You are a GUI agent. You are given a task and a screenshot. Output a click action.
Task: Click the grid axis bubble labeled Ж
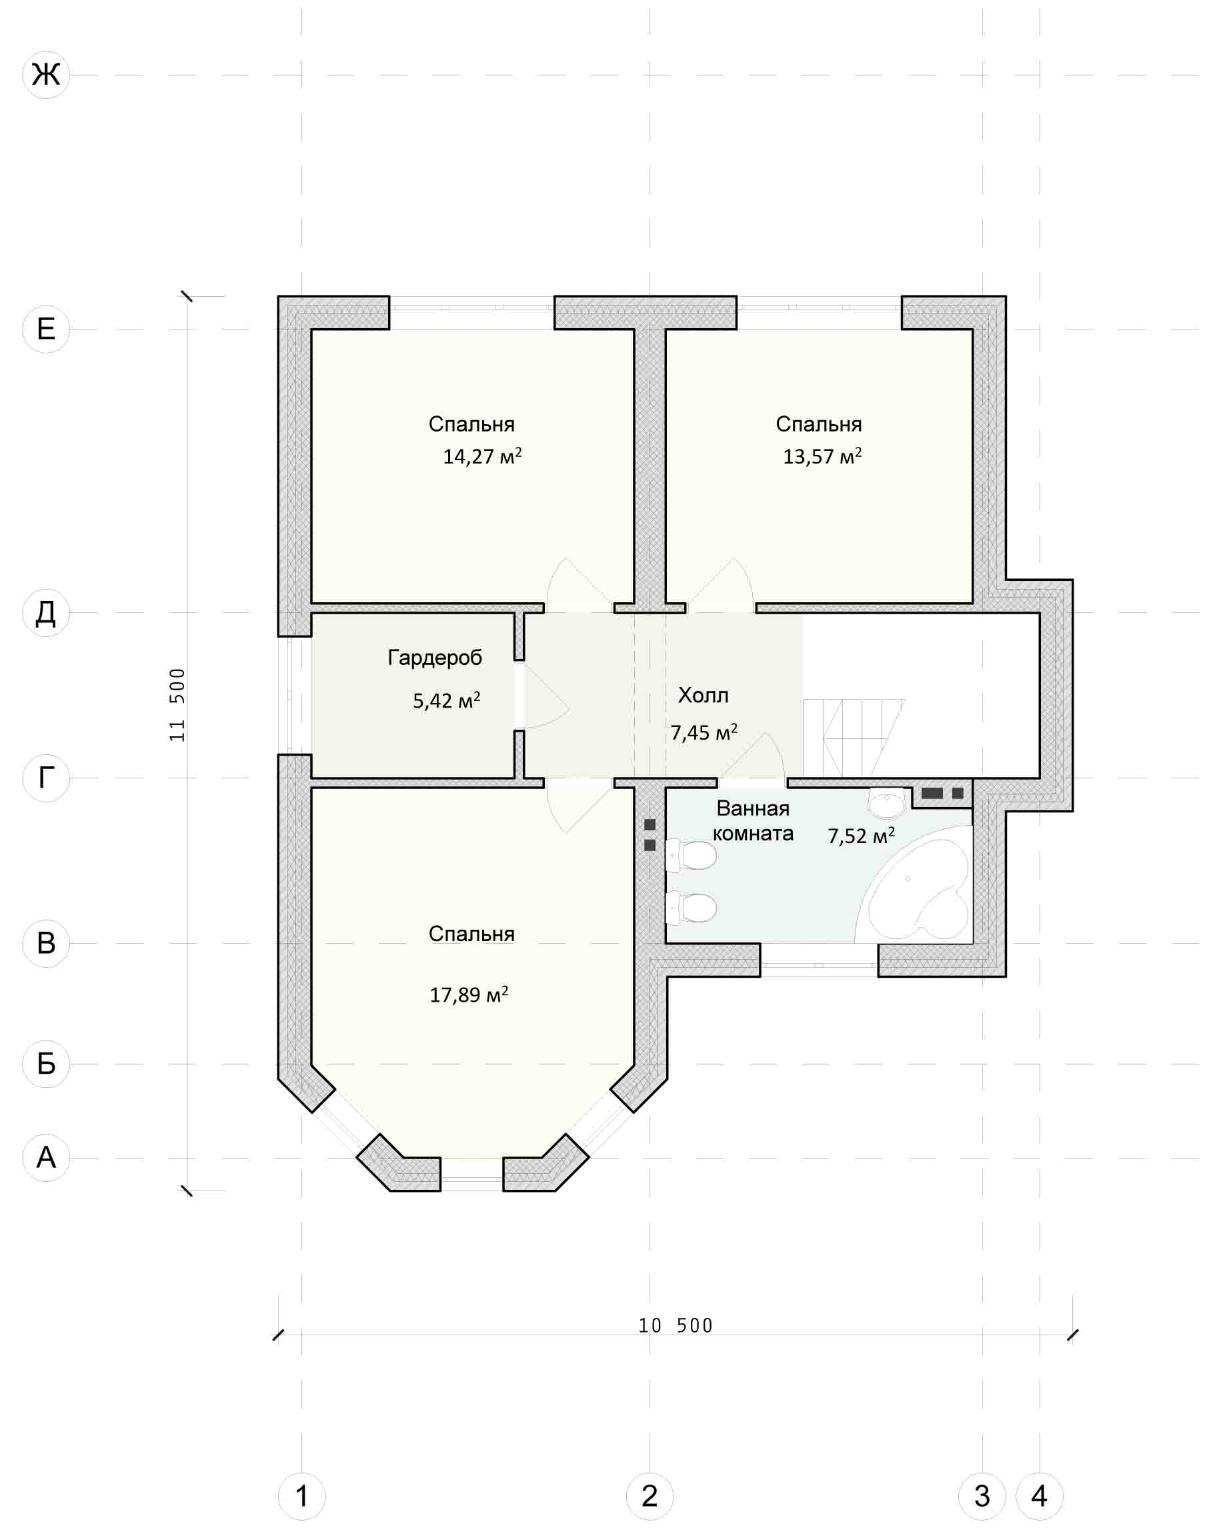(x=46, y=74)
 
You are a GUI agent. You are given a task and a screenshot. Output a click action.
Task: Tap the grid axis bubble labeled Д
(x=46, y=613)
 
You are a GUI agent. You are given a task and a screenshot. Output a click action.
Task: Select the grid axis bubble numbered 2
(x=650, y=1495)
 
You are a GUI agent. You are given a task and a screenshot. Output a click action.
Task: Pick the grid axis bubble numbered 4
(x=1040, y=1495)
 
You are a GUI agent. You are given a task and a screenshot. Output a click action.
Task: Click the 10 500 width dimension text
(x=676, y=1325)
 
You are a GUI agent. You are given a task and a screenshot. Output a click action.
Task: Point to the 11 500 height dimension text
(x=177, y=704)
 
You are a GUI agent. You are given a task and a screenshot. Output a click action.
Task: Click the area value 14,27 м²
(x=482, y=456)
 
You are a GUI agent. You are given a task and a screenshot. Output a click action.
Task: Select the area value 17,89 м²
(x=469, y=995)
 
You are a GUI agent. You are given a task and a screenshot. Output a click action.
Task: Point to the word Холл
(x=703, y=696)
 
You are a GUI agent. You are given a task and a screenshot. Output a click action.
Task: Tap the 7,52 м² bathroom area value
(x=861, y=836)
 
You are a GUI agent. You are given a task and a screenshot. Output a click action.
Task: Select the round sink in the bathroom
(x=887, y=802)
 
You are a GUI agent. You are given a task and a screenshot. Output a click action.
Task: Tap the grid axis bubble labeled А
(x=46, y=1158)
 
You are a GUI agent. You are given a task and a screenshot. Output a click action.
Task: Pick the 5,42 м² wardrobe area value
(x=446, y=700)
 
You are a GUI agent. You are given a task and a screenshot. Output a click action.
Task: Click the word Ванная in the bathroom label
(x=753, y=808)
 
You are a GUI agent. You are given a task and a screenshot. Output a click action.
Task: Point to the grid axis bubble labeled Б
(x=46, y=1064)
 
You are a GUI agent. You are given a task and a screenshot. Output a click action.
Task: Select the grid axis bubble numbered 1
(x=301, y=1495)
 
